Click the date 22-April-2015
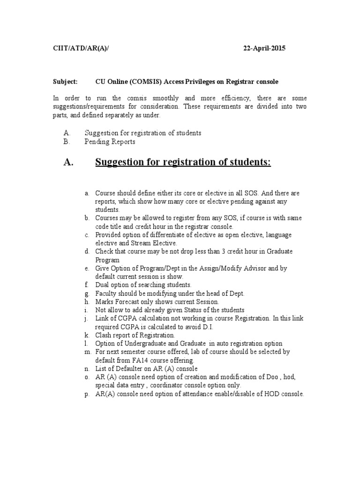[264, 48]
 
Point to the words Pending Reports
[110, 142]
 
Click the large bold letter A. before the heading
[68, 163]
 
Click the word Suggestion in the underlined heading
[122, 163]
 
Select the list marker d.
[87, 252]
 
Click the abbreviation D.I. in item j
[198, 327]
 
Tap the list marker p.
[87, 394]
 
